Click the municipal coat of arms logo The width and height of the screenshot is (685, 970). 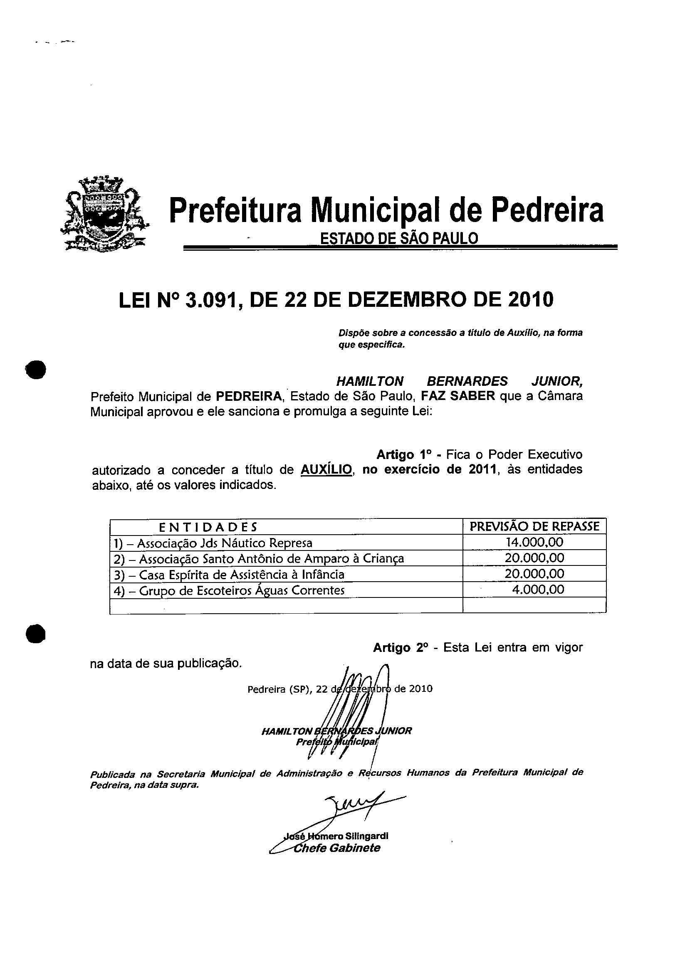(104, 214)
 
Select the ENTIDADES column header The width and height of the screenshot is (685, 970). (208, 527)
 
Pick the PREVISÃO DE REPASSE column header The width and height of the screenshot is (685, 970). (534, 526)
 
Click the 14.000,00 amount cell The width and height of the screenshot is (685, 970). (534, 542)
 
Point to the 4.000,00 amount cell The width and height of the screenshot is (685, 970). (537, 589)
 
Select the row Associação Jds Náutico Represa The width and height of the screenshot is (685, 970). (213, 543)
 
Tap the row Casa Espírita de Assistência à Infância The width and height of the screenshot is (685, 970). (230, 575)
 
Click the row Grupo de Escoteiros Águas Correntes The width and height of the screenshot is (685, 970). (230, 590)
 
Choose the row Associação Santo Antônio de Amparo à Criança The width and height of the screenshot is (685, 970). (259, 559)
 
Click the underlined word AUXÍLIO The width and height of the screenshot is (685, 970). (326, 469)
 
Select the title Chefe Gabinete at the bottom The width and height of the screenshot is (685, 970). (337, 848)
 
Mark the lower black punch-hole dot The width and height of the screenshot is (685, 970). (35, 634)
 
